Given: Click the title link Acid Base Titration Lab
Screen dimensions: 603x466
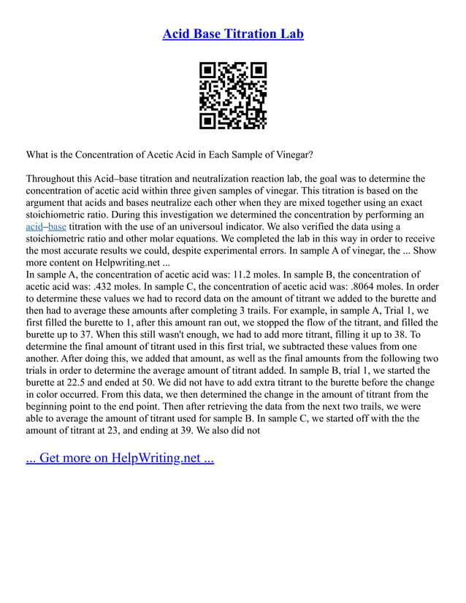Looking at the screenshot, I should (232, 34).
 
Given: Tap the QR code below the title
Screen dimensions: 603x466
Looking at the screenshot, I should (233, 96).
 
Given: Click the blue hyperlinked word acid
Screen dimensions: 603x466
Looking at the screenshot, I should (34, 228).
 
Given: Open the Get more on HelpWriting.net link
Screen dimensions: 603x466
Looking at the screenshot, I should (120, 458).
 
